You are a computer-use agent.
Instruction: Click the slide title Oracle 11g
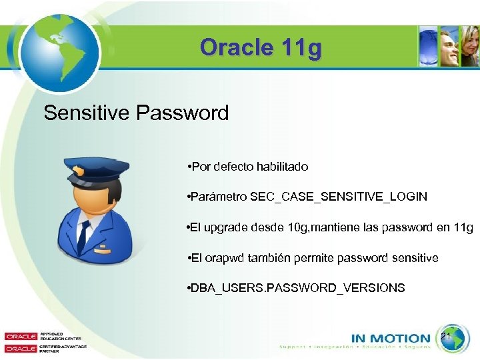point(260,48)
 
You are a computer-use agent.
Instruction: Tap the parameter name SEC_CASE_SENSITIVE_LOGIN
point(339,197)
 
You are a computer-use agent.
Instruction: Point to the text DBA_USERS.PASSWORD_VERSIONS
point(298,287)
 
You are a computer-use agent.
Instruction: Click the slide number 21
point(446,337)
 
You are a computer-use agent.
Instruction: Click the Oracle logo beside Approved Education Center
point(21,337)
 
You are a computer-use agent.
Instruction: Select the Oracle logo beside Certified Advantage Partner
point(21,348)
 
